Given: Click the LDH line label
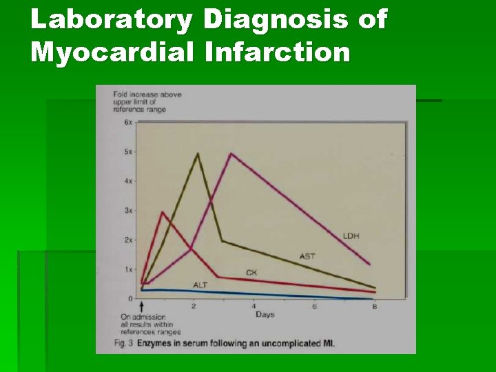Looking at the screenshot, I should (351, 236).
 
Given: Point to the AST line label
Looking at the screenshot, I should (307, 256).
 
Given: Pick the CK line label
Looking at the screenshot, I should (251, 273).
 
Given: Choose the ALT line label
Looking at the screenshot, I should (200, 285).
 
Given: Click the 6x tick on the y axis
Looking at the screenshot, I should (128, 123).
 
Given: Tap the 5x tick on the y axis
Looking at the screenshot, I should (128, 152).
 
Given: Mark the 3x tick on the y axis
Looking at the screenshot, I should (128, 211).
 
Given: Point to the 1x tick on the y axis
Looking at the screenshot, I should (128, 270).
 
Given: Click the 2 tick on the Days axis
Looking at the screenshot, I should (194, 306).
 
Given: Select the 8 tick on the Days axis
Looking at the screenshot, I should (374, 306).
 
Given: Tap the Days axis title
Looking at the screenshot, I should (265, 314).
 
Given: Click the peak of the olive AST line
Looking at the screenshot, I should (198, 153).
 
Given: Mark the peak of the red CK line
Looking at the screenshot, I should (162, 211).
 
